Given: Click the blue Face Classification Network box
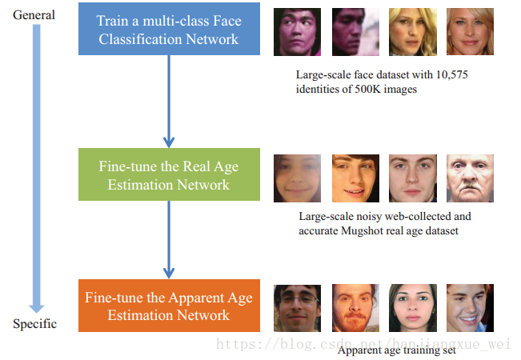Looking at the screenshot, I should [x=168, y=30].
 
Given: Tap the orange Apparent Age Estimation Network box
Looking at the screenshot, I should [x=168, y=306].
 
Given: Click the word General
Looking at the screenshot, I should [x=34, y=15].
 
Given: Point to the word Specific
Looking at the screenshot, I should [x=34, y=324].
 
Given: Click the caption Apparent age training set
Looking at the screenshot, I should [x=396, y=350].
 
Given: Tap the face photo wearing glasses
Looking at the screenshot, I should [x=297, y=308].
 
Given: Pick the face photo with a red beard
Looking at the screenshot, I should [x=355, y=308].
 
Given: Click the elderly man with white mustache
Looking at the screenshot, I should [x=470, y=178].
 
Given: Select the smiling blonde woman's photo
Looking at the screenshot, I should [x=470, y=32].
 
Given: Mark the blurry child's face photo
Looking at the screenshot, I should [x=297, y=178].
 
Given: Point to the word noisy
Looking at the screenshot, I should [x=368, y=217].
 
